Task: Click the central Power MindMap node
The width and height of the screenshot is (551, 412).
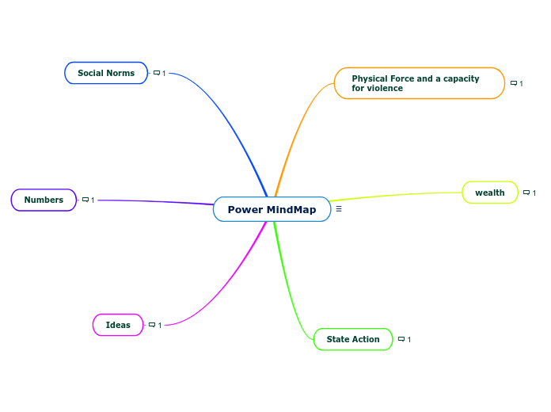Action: tap(272, 209)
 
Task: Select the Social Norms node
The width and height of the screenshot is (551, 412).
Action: tap(106, 73)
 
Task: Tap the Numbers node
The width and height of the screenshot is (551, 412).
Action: tap(44, 200)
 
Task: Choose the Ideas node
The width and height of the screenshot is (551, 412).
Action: tap(118, 325)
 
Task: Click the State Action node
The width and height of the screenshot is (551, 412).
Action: tap(353, 339)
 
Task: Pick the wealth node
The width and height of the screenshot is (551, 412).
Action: tap(489, 193)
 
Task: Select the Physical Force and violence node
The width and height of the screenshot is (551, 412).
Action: tap(419, 83)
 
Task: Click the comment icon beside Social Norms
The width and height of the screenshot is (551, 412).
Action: tap(157, 73)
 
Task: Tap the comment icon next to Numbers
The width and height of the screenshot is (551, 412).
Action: tap(85, 200)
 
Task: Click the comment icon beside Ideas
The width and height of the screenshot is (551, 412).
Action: tap(152, 325)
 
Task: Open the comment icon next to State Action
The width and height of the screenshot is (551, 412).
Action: tap(401, 339)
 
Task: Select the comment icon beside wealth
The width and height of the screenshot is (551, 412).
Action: tap(526, 193)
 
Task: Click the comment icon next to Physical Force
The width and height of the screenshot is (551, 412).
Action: tap(514, 83)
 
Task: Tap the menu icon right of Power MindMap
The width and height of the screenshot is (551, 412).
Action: tap(339, 209)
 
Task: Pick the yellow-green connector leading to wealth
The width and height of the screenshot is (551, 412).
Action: tap(396, 195)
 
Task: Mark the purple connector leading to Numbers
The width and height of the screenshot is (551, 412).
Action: tap(158, 200)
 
